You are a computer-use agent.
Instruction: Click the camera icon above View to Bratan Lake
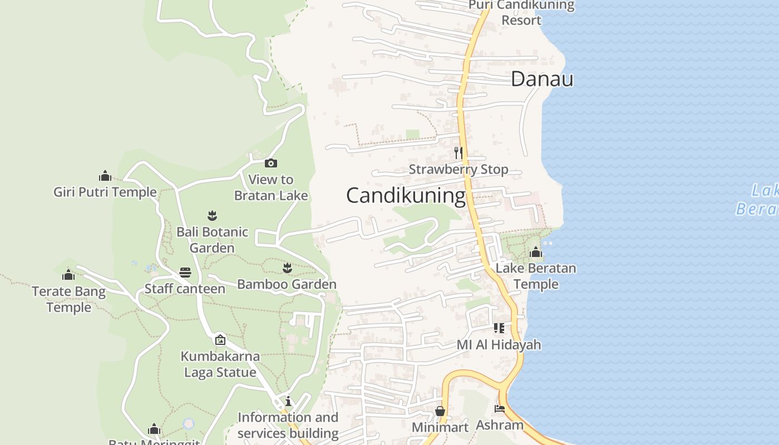point(271,163)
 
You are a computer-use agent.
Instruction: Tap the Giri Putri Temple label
point(105,192)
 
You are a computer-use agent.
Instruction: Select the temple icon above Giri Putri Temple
point(105,176)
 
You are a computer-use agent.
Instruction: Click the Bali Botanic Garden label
point(212,240)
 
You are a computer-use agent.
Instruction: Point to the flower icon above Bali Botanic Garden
point(212,215)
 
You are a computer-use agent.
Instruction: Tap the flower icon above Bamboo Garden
point(287,268)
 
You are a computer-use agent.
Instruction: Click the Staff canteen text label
point(185,289)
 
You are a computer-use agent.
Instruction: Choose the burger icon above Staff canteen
point(185,273)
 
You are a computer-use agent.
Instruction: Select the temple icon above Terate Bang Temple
point(68,275)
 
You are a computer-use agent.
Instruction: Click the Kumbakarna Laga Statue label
point(220,364)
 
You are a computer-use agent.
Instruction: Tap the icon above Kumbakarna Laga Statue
point(220,339)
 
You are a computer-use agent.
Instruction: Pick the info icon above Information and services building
point(288,401)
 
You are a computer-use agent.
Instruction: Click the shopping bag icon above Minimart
point(440,411)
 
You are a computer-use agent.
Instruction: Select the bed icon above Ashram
point(500,409)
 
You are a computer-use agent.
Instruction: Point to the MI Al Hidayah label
point(499,345)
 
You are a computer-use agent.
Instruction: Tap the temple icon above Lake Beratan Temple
point(536,253)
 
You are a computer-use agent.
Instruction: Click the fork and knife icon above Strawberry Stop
point(458,152)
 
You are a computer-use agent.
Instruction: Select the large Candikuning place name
point(406,196)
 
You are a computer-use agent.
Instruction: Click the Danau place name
point(542,79)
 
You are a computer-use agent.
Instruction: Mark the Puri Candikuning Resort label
point(521,13)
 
